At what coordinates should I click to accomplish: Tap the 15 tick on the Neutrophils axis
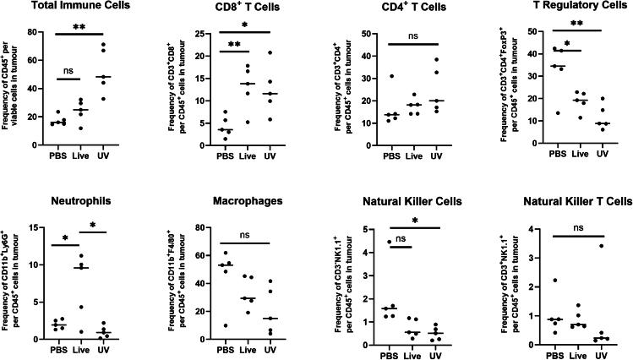point(37,226)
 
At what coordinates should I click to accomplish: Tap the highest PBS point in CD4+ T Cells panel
point(368,76)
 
